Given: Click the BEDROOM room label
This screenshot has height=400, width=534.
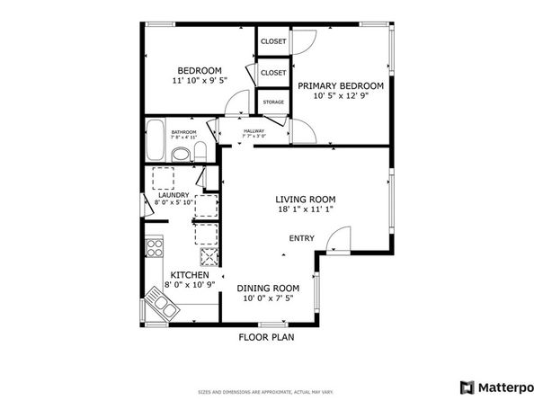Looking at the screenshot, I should click(199, 71).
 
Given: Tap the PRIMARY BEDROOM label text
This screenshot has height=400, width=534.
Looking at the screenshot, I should click(341, 85).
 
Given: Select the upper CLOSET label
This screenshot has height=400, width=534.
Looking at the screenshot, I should click(273, 41).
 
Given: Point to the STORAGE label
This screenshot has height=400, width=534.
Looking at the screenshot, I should click(273, 102).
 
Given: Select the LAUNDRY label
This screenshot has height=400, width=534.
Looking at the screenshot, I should click(173, 195).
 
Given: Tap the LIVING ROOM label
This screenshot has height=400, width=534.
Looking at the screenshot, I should click(305, 200).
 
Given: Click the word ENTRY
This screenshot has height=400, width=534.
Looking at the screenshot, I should click(301, 238).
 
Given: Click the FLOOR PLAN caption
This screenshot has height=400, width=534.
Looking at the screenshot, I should click(266, 338).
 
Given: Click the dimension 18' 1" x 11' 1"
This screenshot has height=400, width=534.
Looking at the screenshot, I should click(305, 211).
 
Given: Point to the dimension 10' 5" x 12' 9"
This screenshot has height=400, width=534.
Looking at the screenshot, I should click(341, 96).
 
